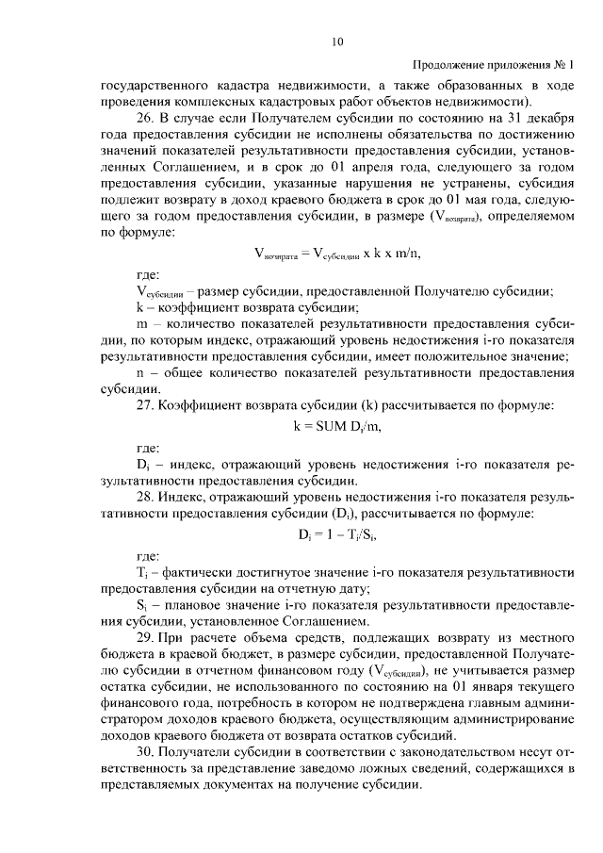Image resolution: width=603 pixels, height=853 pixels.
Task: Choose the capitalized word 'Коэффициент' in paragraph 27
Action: coord(210,407)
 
